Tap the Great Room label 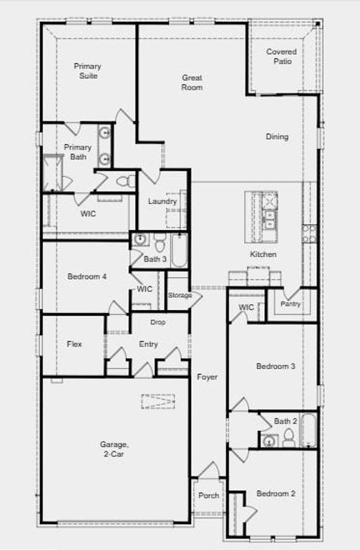(x=192, y=82)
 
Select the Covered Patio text (x=281, y=57)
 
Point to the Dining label (x=277, y=137)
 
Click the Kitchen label (x=263, y=254)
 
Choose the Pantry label (x=291, y=304)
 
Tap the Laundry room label (x=162, y=201)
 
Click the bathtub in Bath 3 (x=178, y=250)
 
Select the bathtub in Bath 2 (x=308, y=430)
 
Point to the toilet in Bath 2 (x=288, y=436)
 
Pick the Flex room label (x=74, y=344)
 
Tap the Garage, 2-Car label (x=112, y=448)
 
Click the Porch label (x=208, y=496)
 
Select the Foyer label (x=207, y=377)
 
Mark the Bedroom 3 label (x=276, y=367)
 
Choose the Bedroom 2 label (x=276, y=493)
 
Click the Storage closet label (x=180, y=295)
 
